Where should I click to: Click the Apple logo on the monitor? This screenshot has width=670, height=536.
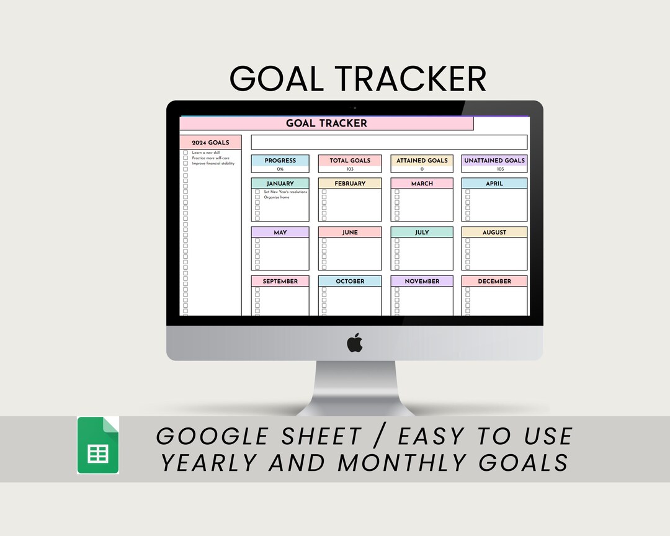tap(354, 342)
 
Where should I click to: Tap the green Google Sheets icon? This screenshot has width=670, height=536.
tap(98, 445)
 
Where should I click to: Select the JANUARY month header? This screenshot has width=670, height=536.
tap(280, 184)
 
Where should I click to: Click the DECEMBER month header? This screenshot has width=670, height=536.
tap(494, 281)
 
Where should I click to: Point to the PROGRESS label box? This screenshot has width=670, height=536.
tap(280, 160)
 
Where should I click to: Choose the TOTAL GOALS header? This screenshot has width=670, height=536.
tap(350, 160)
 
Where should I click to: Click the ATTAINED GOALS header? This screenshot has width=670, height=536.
tap(422, 160)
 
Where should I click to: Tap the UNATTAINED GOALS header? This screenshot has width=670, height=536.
tap(494, 160)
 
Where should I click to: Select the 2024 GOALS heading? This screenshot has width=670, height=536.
tap(210, 143)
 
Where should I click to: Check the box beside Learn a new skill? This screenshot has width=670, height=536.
tap(185, 152)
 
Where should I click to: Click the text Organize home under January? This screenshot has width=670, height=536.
tap(277, 197)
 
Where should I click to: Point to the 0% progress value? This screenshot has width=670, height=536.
tap(280, 169)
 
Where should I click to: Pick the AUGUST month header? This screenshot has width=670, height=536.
tap(494, 232)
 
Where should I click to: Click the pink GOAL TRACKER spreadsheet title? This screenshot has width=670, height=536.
tap(326, 123)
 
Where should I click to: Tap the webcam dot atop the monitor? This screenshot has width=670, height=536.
tap(354, 108)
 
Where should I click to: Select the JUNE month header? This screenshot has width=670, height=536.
tap(350, 232)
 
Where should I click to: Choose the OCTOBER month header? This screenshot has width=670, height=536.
tap(350, 281)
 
